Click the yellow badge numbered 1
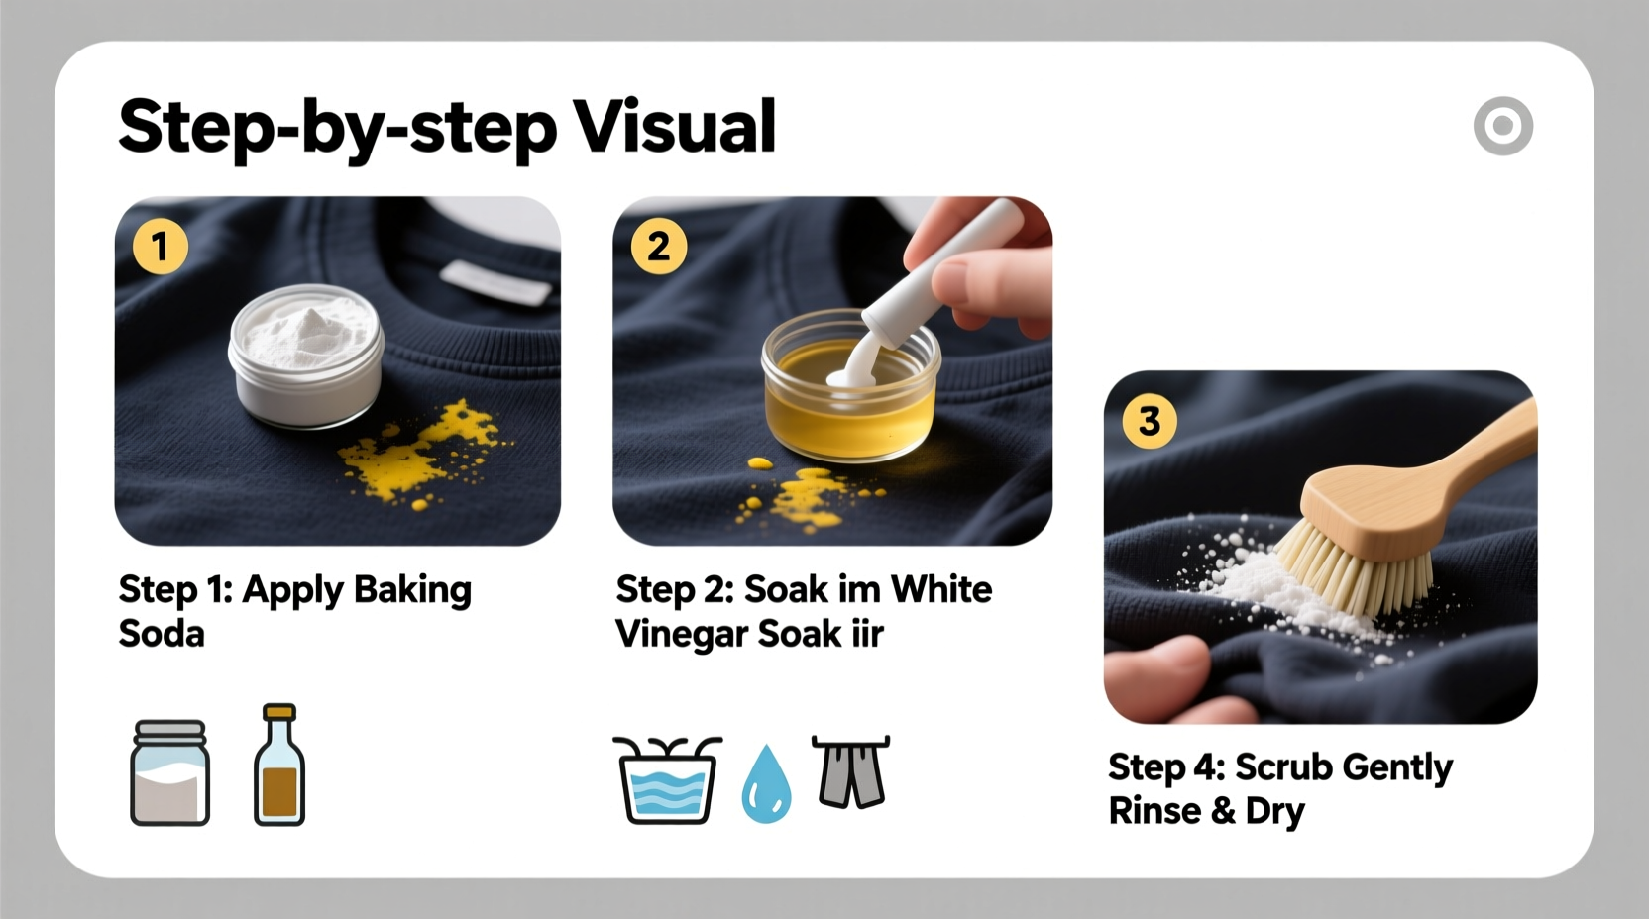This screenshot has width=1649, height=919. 161,246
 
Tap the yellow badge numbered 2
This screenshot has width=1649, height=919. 658,246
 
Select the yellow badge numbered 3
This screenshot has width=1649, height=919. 1150,421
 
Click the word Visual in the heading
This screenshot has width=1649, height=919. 675,127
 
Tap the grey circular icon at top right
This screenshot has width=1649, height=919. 1502,126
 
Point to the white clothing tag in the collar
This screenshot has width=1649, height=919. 495,281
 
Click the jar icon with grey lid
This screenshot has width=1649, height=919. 169,773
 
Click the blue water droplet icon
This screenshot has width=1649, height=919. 767,785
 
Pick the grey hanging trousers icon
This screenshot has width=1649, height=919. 851,771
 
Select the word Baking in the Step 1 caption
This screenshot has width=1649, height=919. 412,590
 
